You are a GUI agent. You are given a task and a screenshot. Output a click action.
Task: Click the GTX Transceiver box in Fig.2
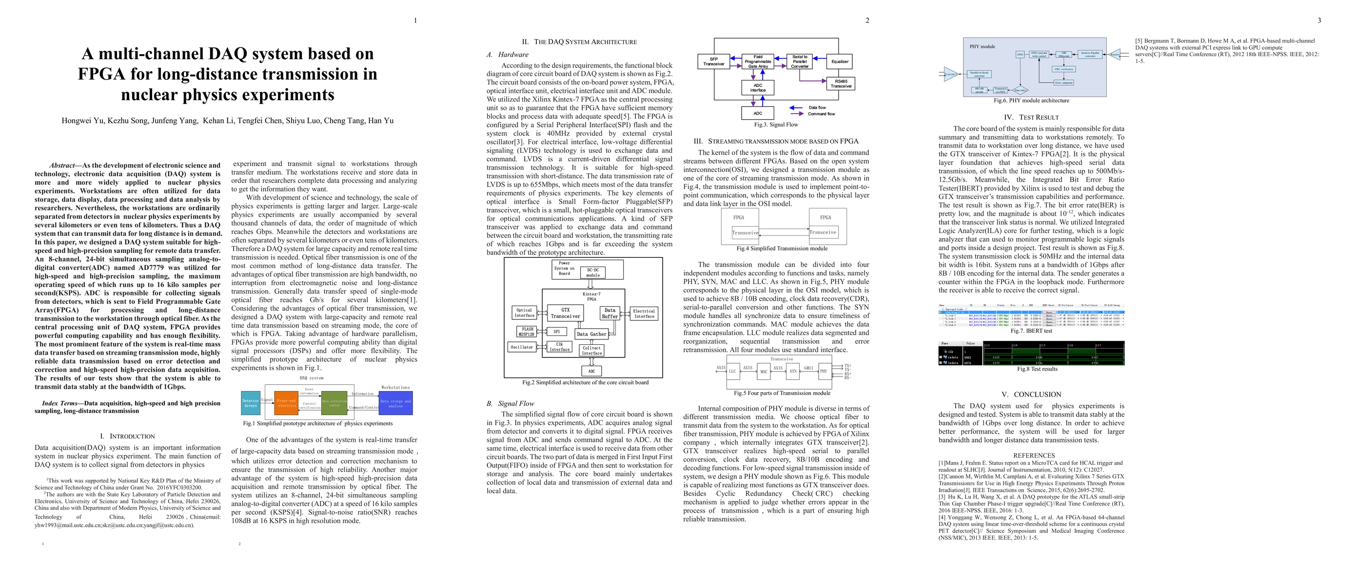[565, 313]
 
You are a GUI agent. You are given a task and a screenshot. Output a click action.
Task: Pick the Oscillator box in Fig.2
[521, 347]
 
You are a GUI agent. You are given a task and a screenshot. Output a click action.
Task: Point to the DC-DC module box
[593, 272]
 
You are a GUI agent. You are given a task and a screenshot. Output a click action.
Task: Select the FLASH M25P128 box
[528, 332]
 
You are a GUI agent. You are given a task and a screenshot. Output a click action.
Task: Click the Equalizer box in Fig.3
[840, 62]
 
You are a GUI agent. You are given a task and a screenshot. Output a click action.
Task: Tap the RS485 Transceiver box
[841, 84]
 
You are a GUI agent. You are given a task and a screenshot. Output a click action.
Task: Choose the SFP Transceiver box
[713, 62]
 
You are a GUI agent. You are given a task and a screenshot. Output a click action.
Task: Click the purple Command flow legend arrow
[796, 114]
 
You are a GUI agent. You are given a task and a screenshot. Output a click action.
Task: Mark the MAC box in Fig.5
[763, 372]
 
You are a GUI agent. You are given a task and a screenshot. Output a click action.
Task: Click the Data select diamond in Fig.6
[1020, 90]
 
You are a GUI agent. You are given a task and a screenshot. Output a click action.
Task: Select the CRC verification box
[1064, 69]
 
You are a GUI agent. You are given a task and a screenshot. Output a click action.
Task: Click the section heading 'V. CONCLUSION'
[1034, 394]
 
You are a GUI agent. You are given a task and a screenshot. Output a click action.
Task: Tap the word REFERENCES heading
[1034, 455]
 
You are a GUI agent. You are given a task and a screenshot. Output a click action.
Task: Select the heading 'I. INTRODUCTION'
[127, 437]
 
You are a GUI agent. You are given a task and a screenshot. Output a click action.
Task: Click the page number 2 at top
[867, 21]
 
